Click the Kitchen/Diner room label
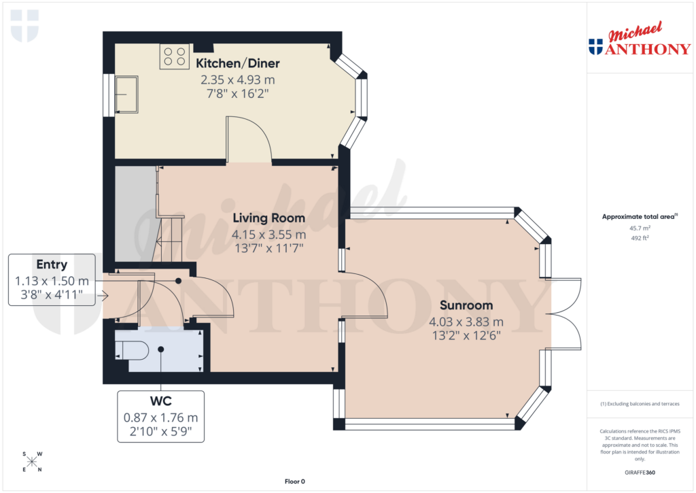[238, 63]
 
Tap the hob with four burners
[174, 56]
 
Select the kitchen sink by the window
[126, 94]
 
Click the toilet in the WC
[134, 350]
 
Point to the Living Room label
[268, 218]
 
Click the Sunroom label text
[466, 305]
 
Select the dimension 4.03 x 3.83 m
[466, 322]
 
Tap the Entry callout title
[52, 265]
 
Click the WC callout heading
[160, 402]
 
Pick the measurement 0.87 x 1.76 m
[160, 418]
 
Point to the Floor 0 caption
[294, 481]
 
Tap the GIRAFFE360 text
[640, 473]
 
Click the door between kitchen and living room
[249, 139]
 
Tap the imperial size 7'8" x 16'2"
[238, 93]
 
